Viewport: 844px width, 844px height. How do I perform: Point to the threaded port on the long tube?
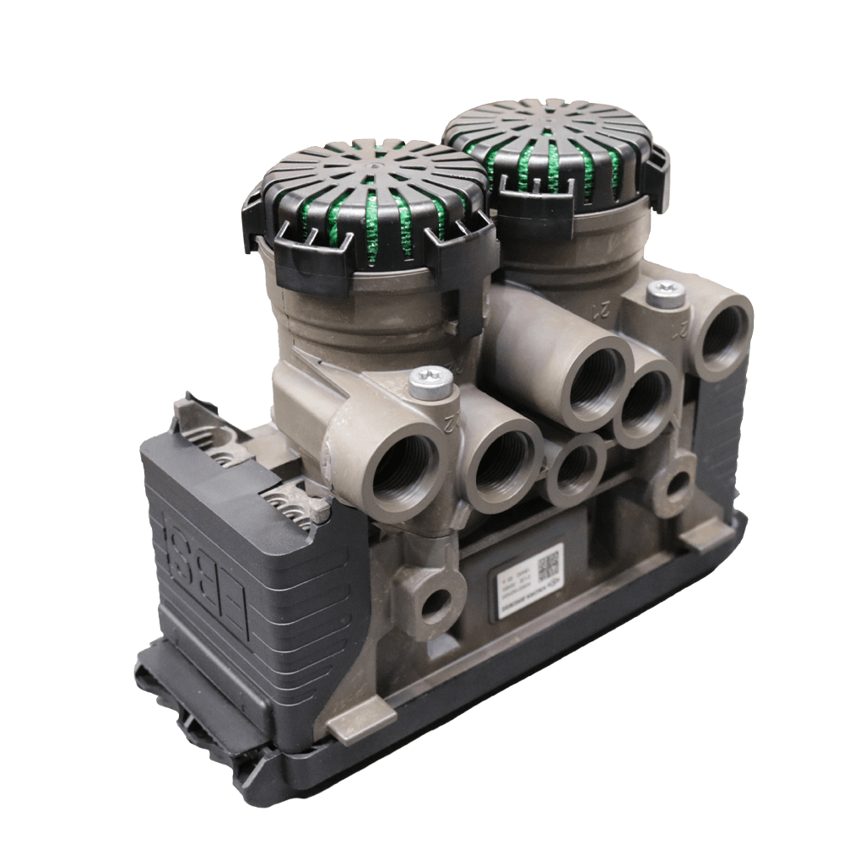click(596, 385)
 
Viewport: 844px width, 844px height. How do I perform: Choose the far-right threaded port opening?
click(723, 336)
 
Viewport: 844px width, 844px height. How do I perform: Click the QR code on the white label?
click(549, 561)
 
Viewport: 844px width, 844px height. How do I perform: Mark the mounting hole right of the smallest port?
click(676, 484)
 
